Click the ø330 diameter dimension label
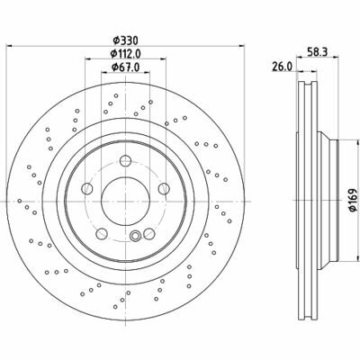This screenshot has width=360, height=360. (x=125, y=40)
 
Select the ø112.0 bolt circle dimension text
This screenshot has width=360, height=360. (x=125, y=54)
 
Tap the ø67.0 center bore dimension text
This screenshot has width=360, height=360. (x=125, y=67)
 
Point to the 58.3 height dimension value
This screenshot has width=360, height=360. (x=318, y=51)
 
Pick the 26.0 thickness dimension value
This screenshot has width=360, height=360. (x=282, y=67)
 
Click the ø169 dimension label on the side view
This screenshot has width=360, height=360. (x=354, y=201)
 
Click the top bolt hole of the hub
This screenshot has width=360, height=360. (x=125, y=160)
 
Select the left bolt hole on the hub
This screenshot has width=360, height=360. (x=87, y=188)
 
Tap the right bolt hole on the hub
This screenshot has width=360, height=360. (x=164, y=188)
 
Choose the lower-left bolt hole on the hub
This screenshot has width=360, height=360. (x=102, y=233)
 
